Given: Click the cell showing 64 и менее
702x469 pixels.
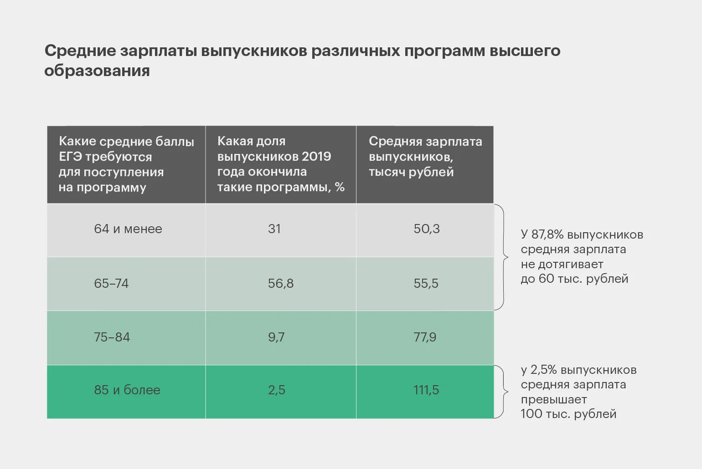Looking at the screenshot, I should (128, 229).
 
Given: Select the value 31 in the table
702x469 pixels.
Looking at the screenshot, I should (274, 229).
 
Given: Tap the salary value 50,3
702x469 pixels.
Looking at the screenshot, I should (427, 229).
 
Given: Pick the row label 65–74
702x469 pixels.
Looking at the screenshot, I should (111, 283).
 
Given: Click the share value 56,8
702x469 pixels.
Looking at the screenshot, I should (281, 283).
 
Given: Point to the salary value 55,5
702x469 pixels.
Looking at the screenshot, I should (426, 283).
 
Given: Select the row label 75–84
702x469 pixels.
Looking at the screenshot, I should (112, 337).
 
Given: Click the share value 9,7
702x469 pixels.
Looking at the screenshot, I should (276, 337).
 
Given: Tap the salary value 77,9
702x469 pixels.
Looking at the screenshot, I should (425, 337).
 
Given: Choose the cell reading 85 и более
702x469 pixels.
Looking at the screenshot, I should (127, 390).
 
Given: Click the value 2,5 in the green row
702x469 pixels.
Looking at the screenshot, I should (276, 390).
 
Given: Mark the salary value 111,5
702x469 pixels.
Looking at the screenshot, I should (426, 390).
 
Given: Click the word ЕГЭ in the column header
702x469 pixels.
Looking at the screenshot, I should (70, 157).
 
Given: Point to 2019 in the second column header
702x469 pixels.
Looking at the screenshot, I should (316, 157).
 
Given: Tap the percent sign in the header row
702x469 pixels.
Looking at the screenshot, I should (340, 187).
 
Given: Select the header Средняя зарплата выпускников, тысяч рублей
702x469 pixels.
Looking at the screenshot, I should (425, 157).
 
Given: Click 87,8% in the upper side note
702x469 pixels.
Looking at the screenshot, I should (547, 234).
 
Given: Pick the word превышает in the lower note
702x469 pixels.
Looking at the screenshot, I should (554, 399).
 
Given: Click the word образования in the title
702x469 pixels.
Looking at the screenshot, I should (97, 71).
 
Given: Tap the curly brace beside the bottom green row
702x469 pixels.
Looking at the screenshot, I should (503, 392).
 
